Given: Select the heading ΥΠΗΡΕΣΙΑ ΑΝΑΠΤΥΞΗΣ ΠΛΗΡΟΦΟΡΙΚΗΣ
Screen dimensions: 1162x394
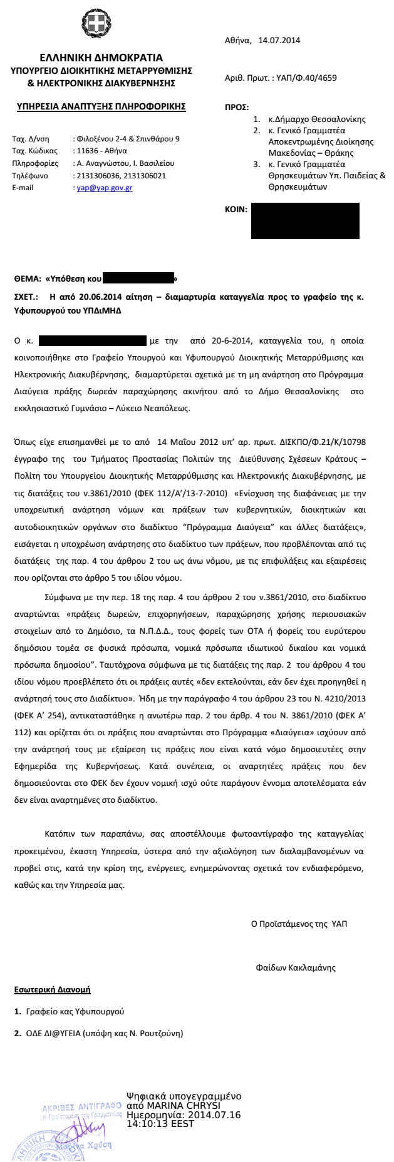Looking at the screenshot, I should point(101,106).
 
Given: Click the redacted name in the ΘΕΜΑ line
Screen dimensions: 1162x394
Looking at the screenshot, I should point(137,277).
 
